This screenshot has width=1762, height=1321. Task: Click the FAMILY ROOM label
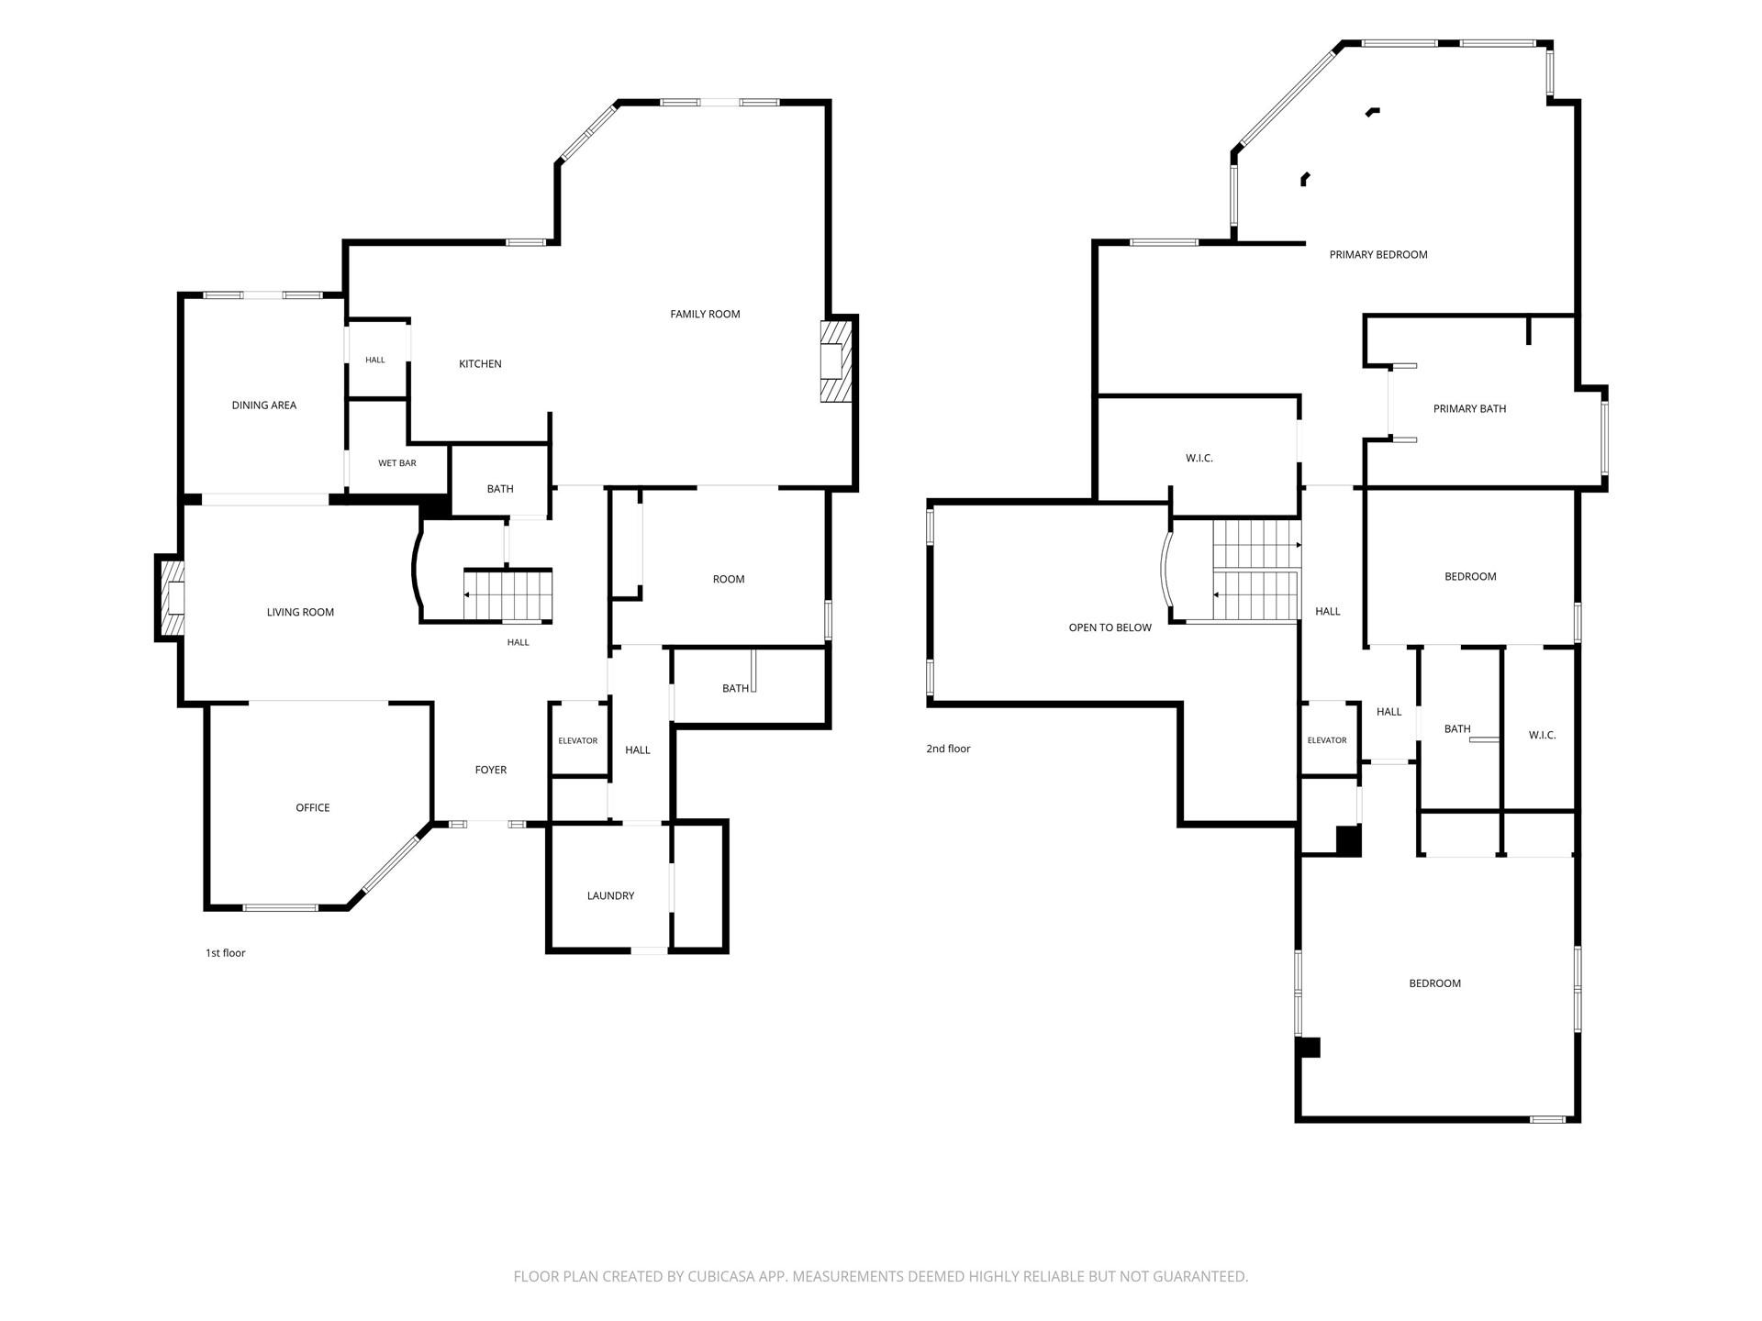tap(705, 314)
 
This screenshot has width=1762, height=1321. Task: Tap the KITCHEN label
tap(480, 364)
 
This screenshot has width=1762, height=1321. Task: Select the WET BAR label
tap(397, 463)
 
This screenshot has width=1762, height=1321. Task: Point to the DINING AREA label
tap(264, 405)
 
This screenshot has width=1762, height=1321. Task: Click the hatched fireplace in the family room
tap(836, 361)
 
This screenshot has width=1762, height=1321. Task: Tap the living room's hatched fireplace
tap(172, 598)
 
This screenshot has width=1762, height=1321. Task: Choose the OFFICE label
tap(313, 808)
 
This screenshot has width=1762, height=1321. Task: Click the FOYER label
tap(491, 771)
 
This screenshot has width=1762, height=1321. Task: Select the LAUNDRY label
tap(611, 896)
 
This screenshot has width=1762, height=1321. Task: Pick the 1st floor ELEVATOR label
tap(578, 741)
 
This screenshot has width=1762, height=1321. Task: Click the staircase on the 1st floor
tap(507, 595)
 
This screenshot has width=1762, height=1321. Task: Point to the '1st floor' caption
tap(226, 953)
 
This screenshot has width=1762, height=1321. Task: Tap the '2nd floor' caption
tap(948, 749)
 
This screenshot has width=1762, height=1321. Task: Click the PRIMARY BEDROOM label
tap(1378, 255)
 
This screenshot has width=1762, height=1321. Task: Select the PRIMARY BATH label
tap(1470, 409)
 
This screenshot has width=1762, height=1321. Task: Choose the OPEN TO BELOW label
tap(1110, 628)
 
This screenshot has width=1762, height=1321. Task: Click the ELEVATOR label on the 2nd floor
tap(1327, 741)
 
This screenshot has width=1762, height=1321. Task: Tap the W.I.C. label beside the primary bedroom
tap(1199, 459)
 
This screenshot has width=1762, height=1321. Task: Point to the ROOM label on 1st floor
tap(729, 580)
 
